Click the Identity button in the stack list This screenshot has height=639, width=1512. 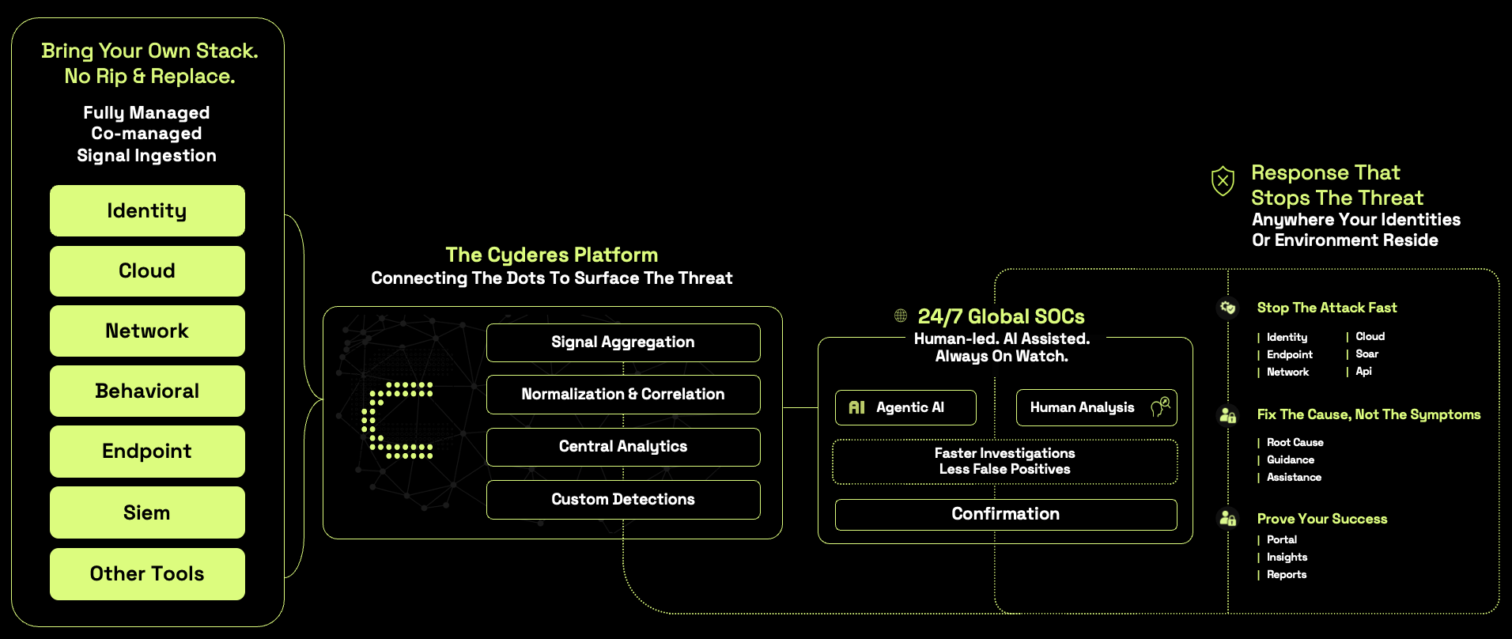pyautogui.click(x=147, y=211)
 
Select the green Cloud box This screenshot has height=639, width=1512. pyautogui.click(x=147, y=271)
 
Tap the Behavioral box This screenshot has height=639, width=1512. pyautogui.click(x=147, y=391)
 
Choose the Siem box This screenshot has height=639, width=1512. pyautogui.click(x=147, y=512)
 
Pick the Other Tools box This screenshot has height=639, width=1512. pyautogui.click(x=147, y=573)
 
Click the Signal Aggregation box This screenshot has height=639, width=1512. pyautogui.click(x=623, y=342)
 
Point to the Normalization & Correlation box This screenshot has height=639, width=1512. pyautogui.click(x=623, y=395)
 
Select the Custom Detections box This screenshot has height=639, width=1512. pyautogui.click(x=623, y=500)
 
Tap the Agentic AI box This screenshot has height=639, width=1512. pyautogui.click(x=905, y=408)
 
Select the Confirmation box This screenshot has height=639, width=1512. pyautogui.click(x=1005, y=514)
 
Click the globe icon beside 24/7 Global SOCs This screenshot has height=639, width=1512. pyautogui.click(x=901, y=316)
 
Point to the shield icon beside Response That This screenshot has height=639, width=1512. pyautogui.click(x=1223, y=181)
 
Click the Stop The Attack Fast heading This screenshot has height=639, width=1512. pyautogui.click(x=1327, y=308)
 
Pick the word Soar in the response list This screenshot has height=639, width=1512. pyautogui.click(x=1366, y=354)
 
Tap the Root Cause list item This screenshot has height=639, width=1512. pyautogui.click(x=1295, y=443)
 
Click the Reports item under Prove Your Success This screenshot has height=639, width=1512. pyautogui.click(x=1286, y=575)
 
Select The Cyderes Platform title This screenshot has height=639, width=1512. pyautogui.click(x=551, y=255)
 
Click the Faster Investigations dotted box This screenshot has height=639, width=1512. pyautogui.click(x=1004, y=461)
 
